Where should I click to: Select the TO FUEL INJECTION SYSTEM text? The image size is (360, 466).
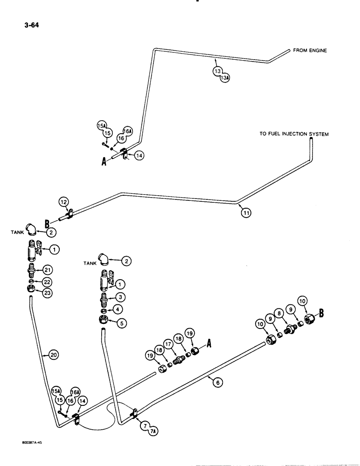point(294,134)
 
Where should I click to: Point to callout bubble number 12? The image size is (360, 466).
point(63,202)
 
